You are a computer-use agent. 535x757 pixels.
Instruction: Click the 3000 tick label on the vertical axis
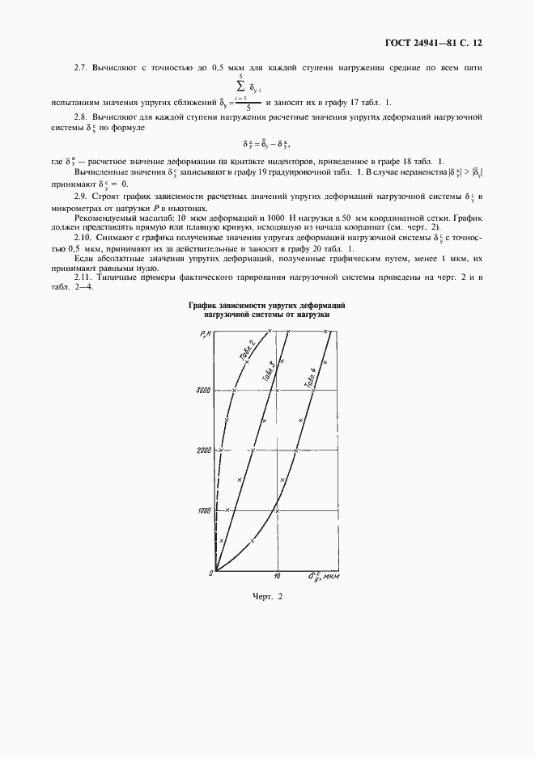202,390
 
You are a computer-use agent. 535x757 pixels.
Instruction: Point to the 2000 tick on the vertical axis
202,450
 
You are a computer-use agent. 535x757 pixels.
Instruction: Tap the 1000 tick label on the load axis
202,510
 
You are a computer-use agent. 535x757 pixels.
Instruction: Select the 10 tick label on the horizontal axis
277,577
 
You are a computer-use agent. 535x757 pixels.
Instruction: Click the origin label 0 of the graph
210,573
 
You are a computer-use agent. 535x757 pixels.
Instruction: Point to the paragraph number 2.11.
83,277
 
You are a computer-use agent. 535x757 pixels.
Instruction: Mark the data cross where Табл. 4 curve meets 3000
314,390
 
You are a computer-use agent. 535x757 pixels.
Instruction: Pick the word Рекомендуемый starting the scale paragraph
104,219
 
